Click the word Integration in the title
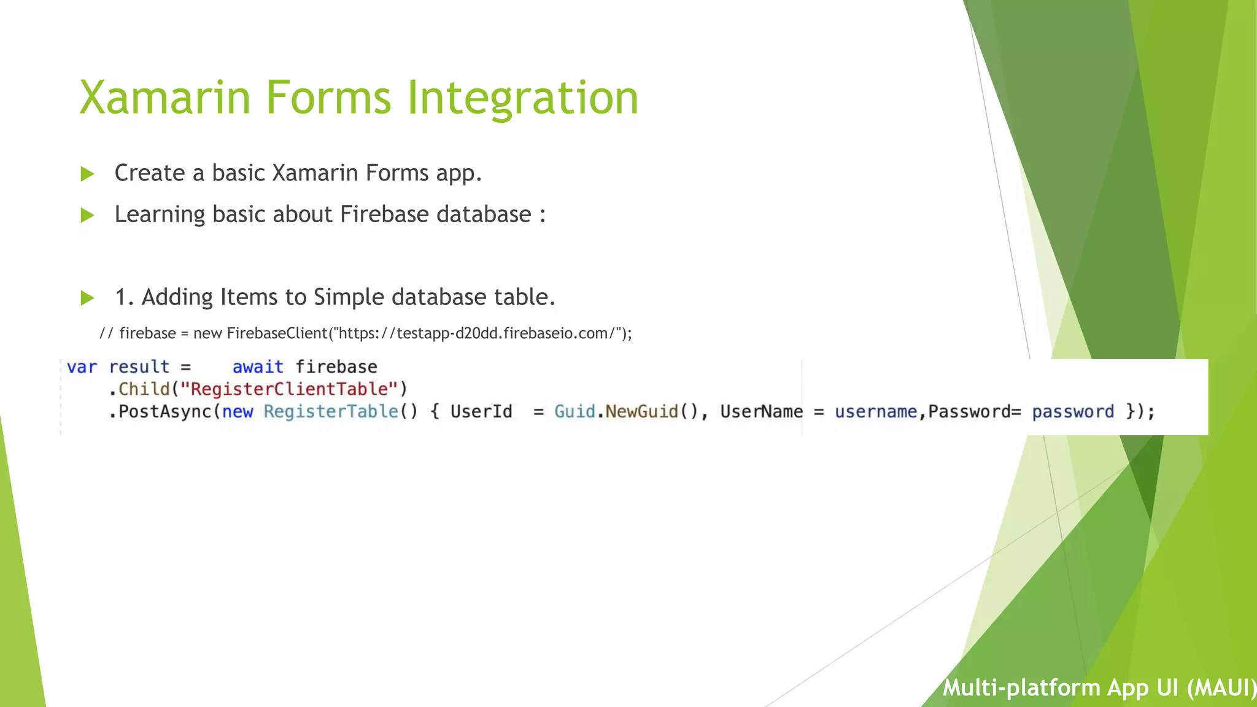(522, 98)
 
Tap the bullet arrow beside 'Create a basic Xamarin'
(87, 174)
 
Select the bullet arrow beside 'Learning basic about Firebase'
(87, 215)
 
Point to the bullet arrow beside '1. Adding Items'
(87, 298)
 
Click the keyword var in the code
(82, 367)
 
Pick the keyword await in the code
(258, 367)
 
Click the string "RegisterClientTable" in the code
(289, 389)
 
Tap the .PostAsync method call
(161, 412)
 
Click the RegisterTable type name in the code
(331, 412)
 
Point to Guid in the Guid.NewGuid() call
(574, 412)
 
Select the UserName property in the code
(761, 412)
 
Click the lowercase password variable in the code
(1072, 412)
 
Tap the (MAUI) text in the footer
(1220, 688)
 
